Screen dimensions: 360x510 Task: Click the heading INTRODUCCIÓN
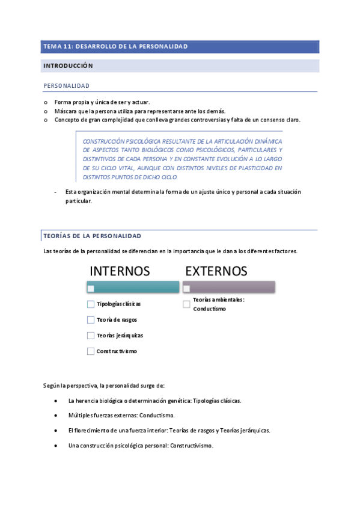coord(67,65)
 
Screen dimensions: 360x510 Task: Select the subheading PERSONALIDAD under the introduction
coord(66,86)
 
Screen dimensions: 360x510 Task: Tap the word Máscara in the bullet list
coord(66,111)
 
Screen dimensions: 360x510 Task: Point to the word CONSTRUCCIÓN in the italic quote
coord(105,140)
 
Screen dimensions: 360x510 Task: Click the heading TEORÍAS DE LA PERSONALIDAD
coord(92,235)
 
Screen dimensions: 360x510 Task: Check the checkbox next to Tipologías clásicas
coord(91,304)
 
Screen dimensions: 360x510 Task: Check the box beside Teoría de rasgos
coord(91,320)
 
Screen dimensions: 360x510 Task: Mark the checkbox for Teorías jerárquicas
coord(91,336)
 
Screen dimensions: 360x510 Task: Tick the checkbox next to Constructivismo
coord(91,351)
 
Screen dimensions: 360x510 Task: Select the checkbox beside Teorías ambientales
coord(186,304)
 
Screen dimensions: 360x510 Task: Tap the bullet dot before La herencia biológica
coord(55,401)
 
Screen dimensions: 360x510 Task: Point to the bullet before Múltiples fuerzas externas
coord(55,416)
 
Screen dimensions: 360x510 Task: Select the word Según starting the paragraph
coord(52,385)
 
